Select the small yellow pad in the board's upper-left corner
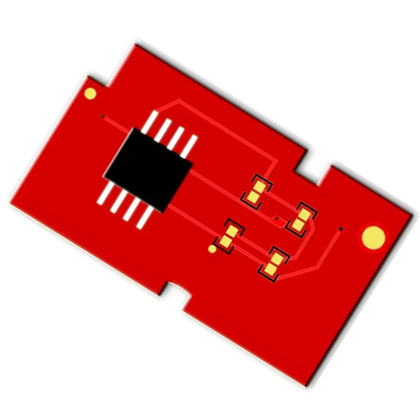(90, 93)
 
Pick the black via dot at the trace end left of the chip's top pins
(103, 116)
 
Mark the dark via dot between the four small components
(276, 219)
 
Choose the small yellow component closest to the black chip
(256, 192)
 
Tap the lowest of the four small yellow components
(274, 264)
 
